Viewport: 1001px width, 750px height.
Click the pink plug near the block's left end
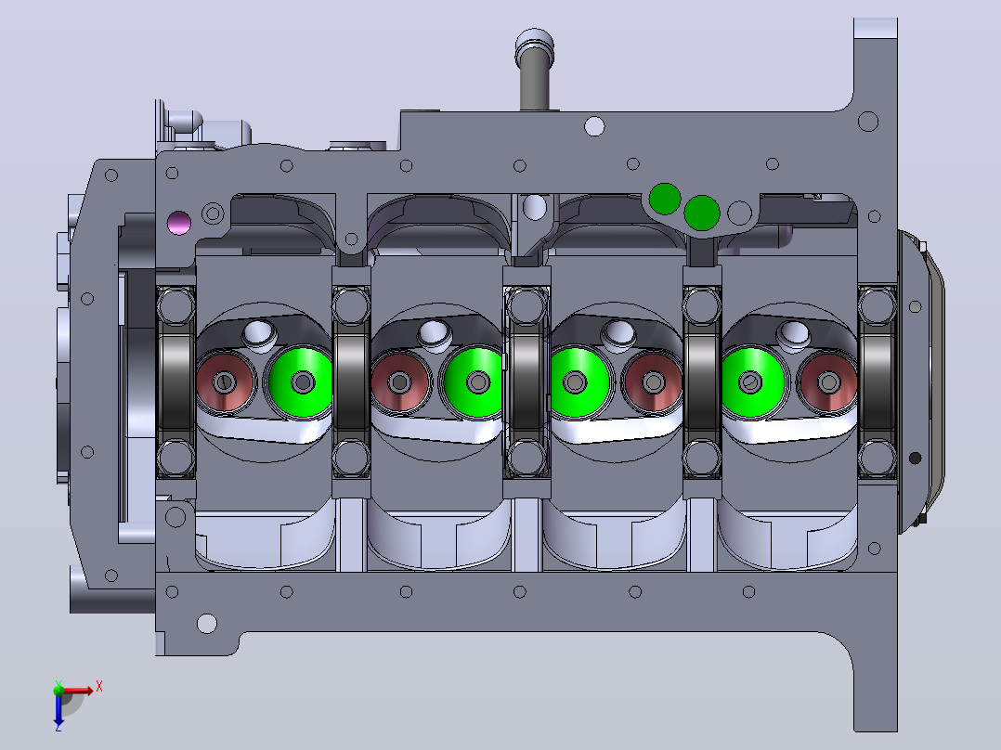coord(178,223)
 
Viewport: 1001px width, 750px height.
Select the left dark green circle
coord(665,199)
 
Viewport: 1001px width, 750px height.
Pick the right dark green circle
coord(702,213)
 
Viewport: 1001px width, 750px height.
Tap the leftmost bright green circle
coord(301,382)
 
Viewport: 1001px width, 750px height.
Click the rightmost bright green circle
coord(754,382)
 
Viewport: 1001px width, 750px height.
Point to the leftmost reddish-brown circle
coord(226,382)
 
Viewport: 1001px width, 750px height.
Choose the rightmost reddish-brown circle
coord(828,382)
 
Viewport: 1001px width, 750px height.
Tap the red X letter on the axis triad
coord(99,687)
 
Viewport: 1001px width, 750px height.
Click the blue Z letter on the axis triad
coord(58,727)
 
